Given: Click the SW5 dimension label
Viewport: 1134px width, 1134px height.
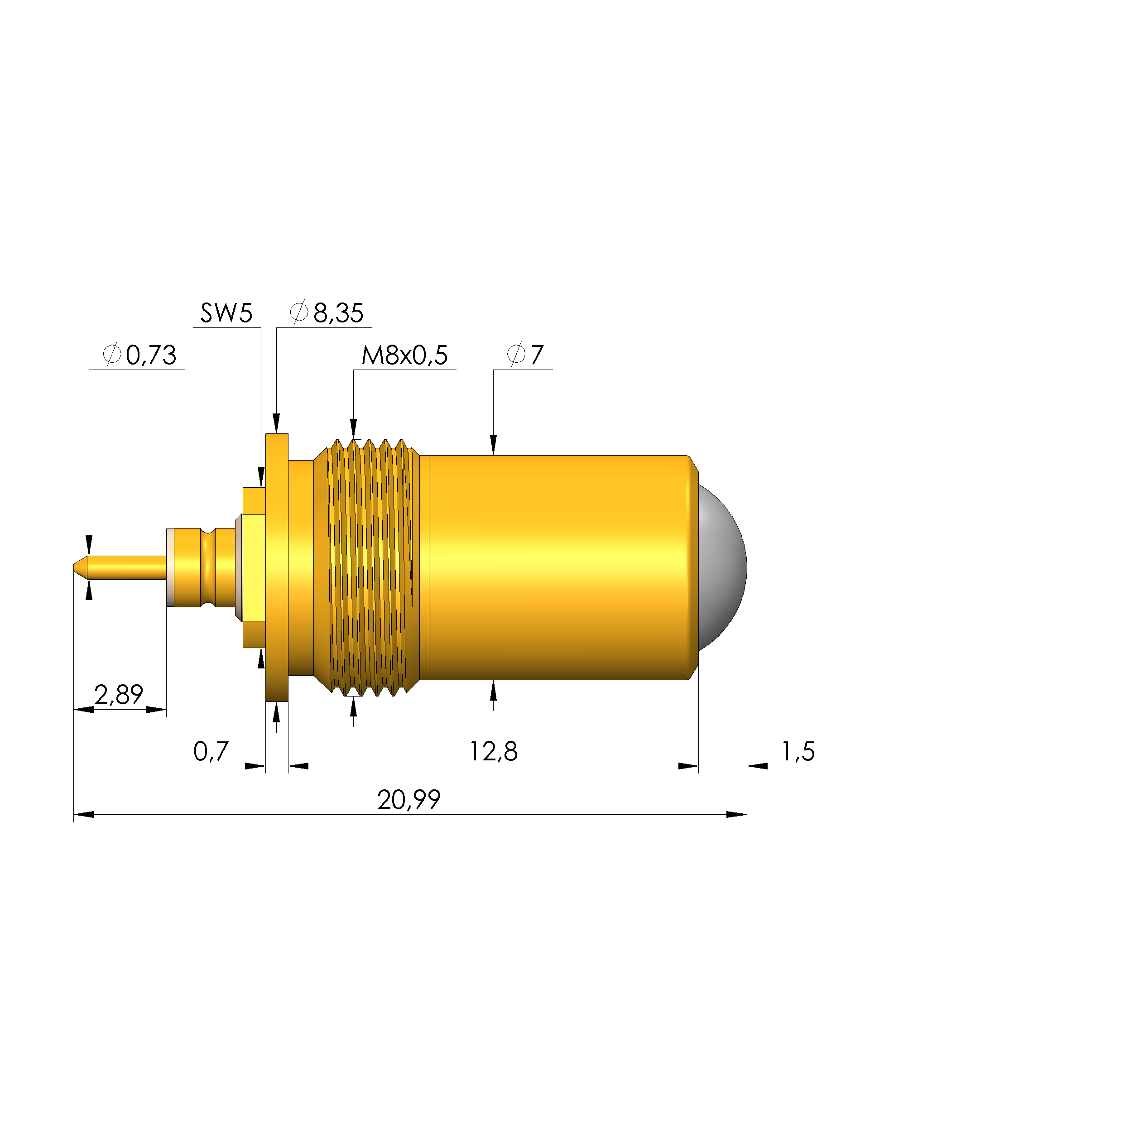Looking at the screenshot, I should [226, 313].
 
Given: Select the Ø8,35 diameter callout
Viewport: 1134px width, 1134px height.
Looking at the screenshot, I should [327, 313].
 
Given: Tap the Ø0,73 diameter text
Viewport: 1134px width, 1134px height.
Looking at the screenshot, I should [139, 355].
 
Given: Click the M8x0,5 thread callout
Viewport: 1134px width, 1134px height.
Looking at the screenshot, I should [404, 355].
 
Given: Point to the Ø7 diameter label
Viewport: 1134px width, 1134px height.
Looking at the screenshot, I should [525, 355].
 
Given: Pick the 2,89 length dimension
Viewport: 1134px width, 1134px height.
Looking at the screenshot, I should [119, 695].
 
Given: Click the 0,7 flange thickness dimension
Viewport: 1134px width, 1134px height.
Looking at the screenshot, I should [210, 752].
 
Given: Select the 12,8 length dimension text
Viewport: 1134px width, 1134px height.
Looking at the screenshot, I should [493, 752].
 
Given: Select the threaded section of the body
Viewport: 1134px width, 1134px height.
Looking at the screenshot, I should [367, 567].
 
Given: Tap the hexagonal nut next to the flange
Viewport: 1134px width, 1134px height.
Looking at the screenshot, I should [254, 567].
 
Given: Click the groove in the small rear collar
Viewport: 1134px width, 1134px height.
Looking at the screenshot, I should [208, 567].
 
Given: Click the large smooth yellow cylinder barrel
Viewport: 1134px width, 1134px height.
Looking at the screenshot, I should [557, 567].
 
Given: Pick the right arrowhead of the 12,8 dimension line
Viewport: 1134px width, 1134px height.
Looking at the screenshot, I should [688, 766].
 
